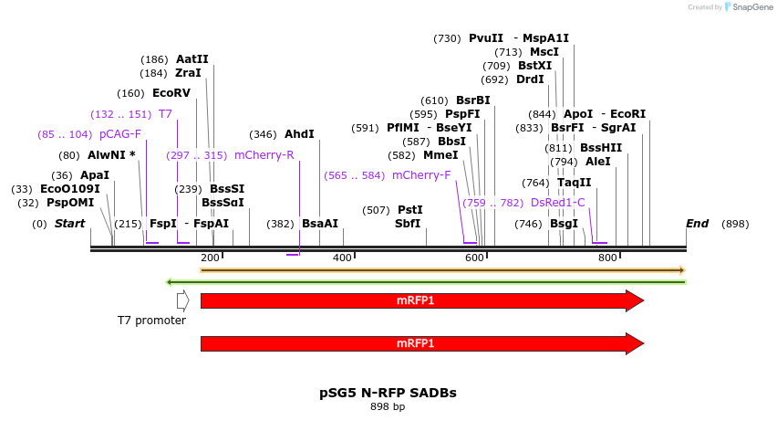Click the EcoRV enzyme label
tap(171, 93)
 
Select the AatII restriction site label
tap(192, 59)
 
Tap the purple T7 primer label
tap(165, 114)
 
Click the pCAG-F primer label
tap(119, 134)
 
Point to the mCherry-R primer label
tap(264, 155)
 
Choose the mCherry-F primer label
tap(421, 175)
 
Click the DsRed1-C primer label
tap(557, 203)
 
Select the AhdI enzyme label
tap(299, 134)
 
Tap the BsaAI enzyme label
tap(320, 224)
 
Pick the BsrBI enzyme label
tap(473, 100)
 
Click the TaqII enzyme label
tap(575, 183)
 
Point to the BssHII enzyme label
tap(601, 148)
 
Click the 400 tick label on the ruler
tap(342, 258)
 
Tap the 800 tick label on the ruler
tap(607, 258)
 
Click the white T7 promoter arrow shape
tap(182, 300)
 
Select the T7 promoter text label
tap(151, 321)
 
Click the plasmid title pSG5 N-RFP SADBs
tap(388, 393)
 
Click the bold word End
tap(697, 224)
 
